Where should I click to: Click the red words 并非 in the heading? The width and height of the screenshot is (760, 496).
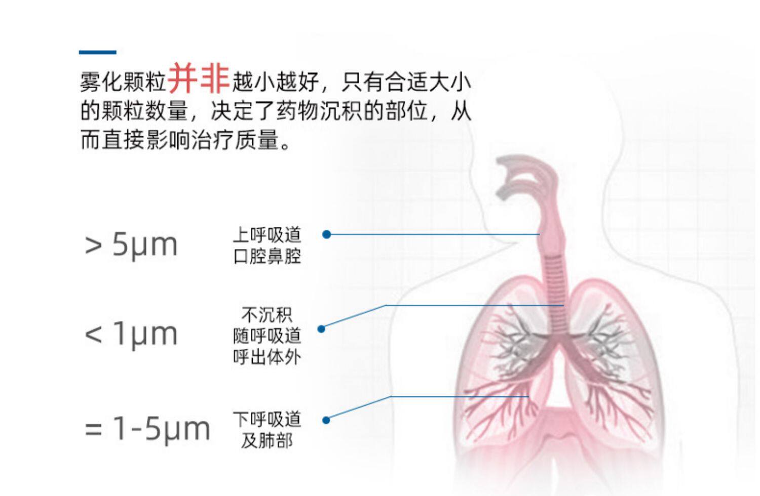click(x=198, y=78)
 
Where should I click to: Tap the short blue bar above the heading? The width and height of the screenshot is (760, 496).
click(x=97, y=52)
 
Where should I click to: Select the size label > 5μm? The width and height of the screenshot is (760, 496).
click(x=131, y=244)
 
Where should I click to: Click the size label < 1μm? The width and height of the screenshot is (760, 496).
click(x=131, y=334)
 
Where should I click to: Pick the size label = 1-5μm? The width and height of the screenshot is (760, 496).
click(x=147, y=428)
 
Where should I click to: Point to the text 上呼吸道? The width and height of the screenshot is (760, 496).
click(x=267, y=235)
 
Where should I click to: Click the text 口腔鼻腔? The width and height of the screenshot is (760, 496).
click(x=267, y=256)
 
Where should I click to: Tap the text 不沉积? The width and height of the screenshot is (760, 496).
click(x=267, y=315)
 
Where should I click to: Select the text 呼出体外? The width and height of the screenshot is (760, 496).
click(x=267, y=357)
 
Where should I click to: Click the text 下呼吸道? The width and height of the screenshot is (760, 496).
click(x=267, y=419)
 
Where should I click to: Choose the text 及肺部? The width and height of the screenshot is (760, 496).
click(x=267, y=440)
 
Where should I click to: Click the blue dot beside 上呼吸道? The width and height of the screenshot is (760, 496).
click(x=327, y=234)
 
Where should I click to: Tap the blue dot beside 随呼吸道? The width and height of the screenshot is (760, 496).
click(x=321, y=329)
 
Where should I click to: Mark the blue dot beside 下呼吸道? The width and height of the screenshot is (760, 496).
click(x=326, y=420)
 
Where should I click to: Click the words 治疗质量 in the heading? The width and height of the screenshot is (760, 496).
click(x=257, y=140)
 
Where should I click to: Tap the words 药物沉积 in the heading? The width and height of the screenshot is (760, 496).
click(x=320, y=111)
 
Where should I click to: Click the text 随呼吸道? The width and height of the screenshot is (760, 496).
click(x=267, y=336)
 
